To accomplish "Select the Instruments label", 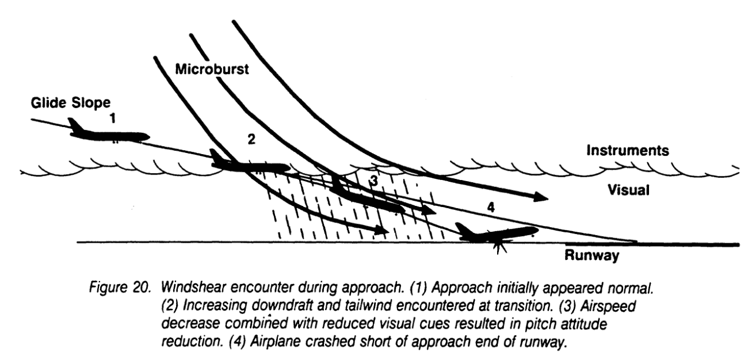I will [x=627, y=151].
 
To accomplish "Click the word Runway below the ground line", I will [x=592, y=256].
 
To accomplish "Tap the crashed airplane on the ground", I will [x=498, y=233].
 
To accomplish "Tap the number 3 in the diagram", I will [x=373, y=181].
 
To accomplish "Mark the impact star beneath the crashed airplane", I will [x=498, y=247].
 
